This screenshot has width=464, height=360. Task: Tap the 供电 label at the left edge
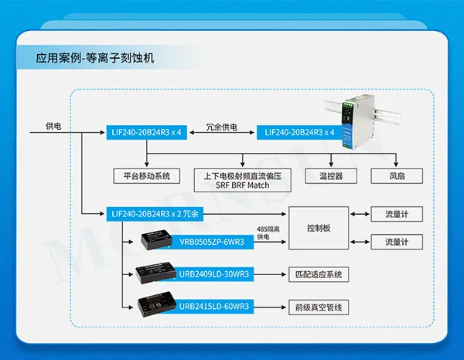coord(54,125)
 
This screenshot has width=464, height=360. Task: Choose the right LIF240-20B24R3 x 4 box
coord(299,133)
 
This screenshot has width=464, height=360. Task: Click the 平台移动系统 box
coord(147,175)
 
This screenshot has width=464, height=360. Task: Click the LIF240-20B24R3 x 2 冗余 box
coord(155,213)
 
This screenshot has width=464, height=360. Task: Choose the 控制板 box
coord(319,228)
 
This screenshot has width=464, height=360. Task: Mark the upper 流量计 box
coord(397,213)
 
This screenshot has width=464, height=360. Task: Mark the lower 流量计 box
coord(397,243)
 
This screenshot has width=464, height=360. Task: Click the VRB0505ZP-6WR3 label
coord(211,243)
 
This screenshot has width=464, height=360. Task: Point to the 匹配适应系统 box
coord(319,274)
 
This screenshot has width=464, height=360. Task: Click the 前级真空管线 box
coord(319,307)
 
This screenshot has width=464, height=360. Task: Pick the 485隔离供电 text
coord(268,233)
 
